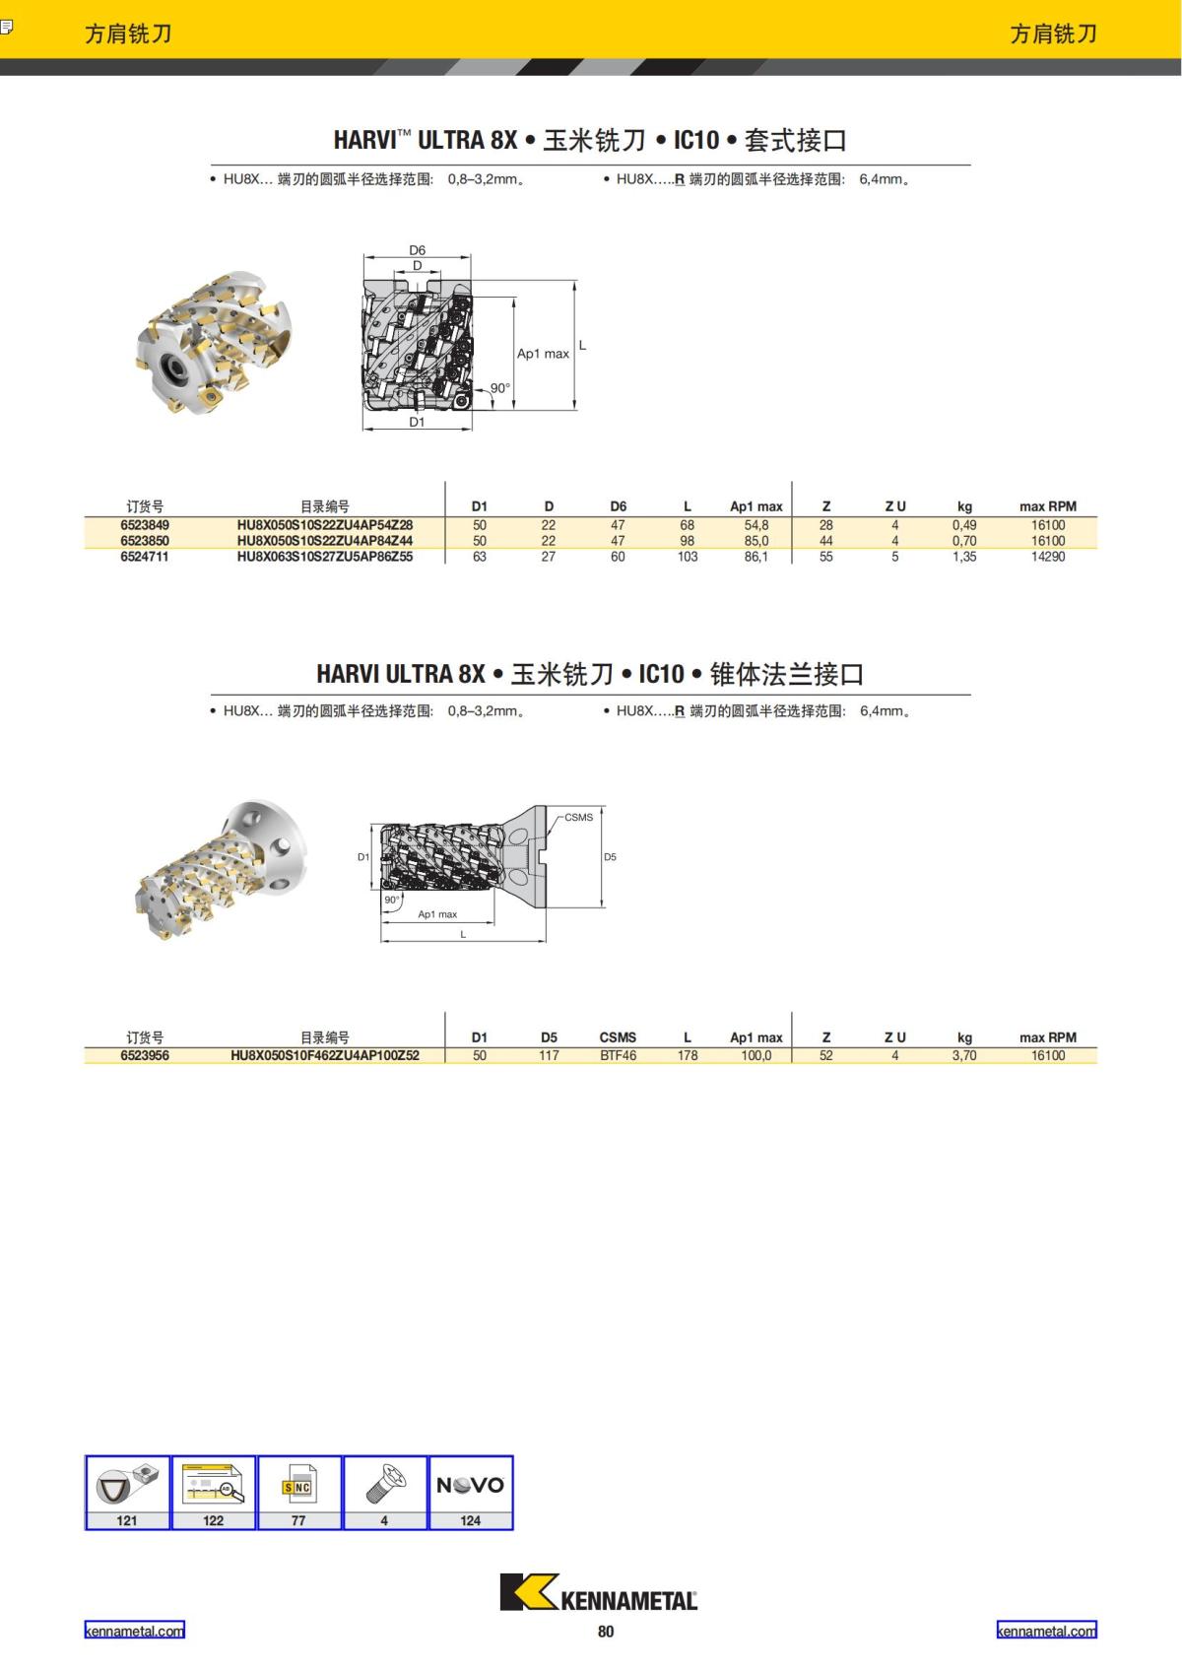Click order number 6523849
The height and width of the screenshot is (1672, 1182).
(145, 525)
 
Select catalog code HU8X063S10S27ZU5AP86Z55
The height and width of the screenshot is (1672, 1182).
(324, 557)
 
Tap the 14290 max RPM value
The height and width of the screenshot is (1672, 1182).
(1047, 557)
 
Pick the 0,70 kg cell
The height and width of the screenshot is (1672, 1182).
(963, 541)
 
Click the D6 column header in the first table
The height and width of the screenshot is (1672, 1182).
(618, 506)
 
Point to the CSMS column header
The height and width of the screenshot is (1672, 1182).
(618, 1037)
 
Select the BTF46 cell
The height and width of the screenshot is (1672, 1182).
(618, 1055)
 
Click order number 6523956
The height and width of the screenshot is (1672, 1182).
(145, 1055)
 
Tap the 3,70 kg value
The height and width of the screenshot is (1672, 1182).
(963, 1055)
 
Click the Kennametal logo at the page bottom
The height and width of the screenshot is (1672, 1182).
(598, 1592)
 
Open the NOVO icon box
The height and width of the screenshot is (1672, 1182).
(471, 1492)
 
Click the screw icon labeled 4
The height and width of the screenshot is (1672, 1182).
(384, 1492)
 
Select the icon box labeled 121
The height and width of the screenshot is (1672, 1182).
(127, 1492)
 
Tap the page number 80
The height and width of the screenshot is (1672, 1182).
(605, 1632)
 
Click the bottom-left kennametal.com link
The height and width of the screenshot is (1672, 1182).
(134, 1631)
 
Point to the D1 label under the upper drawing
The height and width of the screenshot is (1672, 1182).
(417, 422)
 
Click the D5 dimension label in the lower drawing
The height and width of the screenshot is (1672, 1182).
(610, 857)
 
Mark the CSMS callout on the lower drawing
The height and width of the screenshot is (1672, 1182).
(578, 818)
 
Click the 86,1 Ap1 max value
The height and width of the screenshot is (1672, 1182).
(755, 557)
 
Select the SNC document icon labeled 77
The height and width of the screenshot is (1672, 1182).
(298, 1492)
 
